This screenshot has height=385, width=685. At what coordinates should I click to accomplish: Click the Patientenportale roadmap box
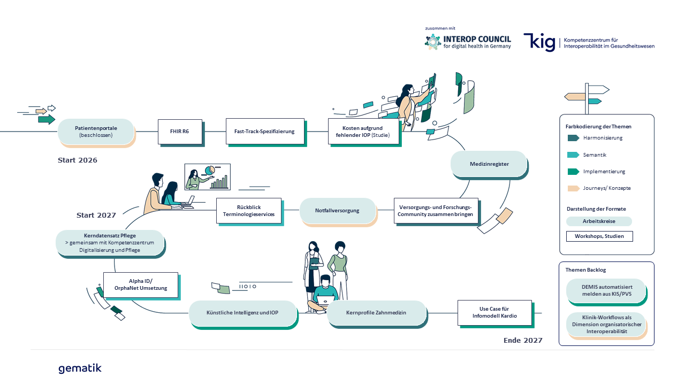[x=96, y=132]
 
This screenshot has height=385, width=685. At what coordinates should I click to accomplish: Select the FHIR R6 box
[x=179, y=132]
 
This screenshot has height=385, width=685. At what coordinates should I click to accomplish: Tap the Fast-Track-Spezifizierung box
[x=264, y=132]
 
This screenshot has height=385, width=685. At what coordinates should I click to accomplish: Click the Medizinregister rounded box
[x=489, y=164]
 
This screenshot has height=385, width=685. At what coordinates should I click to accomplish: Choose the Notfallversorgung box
[x=337, y=210]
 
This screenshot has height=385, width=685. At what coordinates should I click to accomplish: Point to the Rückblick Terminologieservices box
[x=248, y=211]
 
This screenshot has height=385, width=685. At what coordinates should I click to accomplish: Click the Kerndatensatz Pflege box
[x=110, y=243]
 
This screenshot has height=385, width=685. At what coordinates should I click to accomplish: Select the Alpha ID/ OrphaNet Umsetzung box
[x=141, y=284]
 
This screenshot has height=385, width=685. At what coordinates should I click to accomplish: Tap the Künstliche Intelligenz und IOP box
[x=242, y=313]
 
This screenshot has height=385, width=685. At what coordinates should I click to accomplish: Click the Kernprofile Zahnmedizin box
[x=376, y=313]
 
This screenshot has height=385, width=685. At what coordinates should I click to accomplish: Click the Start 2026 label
[x=78, y=160]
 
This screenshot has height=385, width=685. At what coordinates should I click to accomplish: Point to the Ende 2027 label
[x=523, y=340]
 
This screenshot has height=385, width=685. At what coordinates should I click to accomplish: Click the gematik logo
[x=80, y=368]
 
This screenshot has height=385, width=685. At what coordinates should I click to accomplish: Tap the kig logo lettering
[x=539, y=42]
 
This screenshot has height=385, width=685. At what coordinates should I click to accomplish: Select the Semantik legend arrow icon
[x=573, y=155]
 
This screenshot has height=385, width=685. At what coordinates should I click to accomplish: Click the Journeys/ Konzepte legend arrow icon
[x=573, y=188]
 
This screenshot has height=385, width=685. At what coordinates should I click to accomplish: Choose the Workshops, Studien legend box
[x=599, y=236]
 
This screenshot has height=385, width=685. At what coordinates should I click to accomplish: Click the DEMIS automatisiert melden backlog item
[x=606, y=290]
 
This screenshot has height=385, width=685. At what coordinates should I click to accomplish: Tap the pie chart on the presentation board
[x=209, y=170]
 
